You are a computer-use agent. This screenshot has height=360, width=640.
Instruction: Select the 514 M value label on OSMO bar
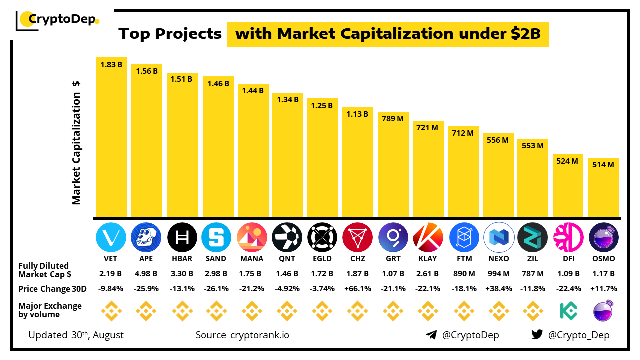(603, 164)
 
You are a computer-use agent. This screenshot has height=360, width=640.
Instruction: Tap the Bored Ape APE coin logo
(146, 237)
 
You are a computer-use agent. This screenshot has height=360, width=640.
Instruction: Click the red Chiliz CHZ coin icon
(357, 237)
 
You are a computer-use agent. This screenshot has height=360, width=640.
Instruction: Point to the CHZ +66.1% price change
(357, 289)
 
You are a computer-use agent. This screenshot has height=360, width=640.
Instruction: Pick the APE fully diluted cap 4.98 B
(146, 274)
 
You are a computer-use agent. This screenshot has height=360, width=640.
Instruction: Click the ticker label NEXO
(498, 259)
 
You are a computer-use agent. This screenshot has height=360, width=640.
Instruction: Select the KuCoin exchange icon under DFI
(568, 311)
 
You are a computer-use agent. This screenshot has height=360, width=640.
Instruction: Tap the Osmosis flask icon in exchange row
(603, 311)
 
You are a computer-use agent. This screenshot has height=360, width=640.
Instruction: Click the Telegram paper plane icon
(431, 335)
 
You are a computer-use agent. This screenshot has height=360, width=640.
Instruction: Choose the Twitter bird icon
(537, 335)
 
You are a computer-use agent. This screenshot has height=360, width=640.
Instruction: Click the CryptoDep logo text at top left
(61, 19)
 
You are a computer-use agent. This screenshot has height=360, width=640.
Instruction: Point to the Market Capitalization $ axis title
(76, 142)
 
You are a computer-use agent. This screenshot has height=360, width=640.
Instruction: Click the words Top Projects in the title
(170, 34)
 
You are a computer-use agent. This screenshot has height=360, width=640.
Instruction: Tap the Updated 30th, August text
(76, 335)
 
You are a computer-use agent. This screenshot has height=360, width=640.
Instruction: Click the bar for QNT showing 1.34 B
(287, 155)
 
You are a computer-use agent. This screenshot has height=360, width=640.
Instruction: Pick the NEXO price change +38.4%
(498, 289)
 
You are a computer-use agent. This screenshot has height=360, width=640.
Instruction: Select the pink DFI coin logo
(568, 237)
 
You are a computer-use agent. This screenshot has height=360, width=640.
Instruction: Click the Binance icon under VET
(111, 311)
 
